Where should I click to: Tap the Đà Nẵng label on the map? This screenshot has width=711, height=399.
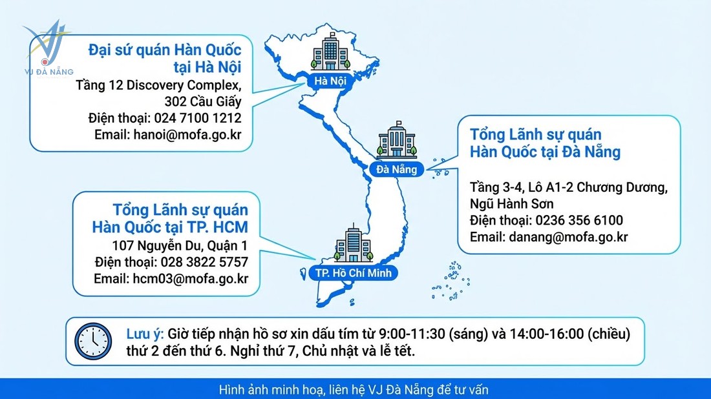398,169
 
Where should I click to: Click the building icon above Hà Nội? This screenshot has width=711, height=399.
330,52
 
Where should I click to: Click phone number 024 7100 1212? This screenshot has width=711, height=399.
197,118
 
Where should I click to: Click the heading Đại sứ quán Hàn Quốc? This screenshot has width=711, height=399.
165,49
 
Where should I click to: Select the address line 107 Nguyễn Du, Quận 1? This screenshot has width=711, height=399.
180,245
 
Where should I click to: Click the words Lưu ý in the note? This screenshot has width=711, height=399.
145,334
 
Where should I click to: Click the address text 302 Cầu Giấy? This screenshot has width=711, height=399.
203,101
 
